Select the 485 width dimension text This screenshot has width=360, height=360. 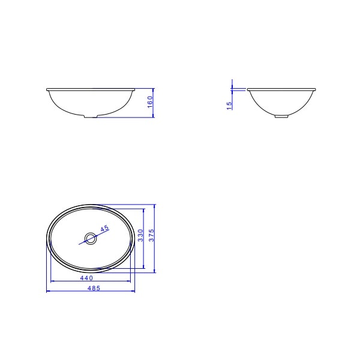[92, 288]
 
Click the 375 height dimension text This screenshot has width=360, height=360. [151, 235]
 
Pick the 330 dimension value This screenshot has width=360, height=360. [140, 235]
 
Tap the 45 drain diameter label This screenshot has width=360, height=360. [104, 229]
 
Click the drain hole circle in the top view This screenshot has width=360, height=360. [91, 239]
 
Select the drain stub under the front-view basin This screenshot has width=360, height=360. [89, 118]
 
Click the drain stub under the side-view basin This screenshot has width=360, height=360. [281, 116]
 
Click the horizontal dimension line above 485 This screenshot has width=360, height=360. [90, 292]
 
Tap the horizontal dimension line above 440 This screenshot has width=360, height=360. [90, 281]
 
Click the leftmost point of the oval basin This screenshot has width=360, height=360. [47, 239]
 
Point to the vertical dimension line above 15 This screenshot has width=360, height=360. [232, 84]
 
